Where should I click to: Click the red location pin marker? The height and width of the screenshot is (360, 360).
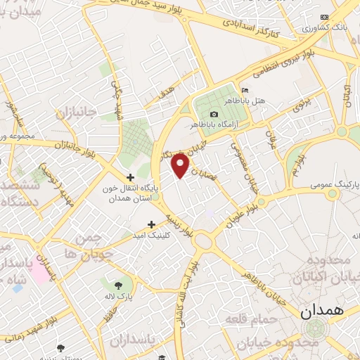pos(181,166)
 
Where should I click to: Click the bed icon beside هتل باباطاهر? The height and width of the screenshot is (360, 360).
pos(244,91)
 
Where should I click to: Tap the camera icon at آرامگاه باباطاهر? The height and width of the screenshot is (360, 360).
pos(214,115)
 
